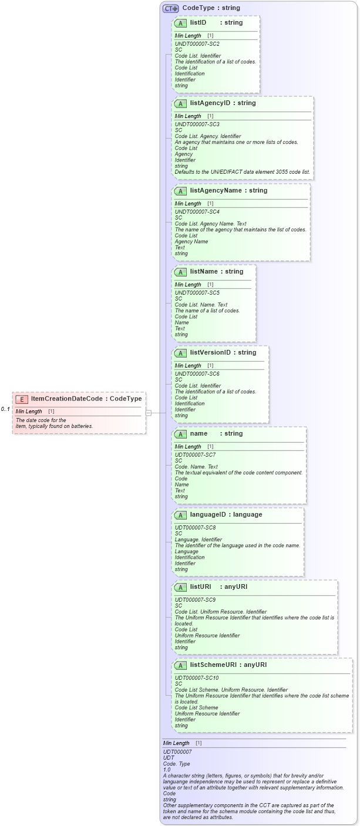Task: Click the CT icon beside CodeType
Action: (x=170, y=8)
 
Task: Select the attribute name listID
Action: (x=198, y=23)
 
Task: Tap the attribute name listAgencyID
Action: (x=211, y=103)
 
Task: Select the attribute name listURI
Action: (x=200, y=586)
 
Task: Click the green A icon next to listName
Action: (x=180, y=272)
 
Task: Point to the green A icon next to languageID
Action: (x=180, y=515)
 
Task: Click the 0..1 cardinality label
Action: (x=5, y=409)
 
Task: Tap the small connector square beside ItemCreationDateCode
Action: (x=149, y=413)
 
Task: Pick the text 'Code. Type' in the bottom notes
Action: (x=176, y=764)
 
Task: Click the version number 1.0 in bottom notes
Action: (x=167, y=770)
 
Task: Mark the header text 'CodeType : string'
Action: (x=211, y=8)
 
